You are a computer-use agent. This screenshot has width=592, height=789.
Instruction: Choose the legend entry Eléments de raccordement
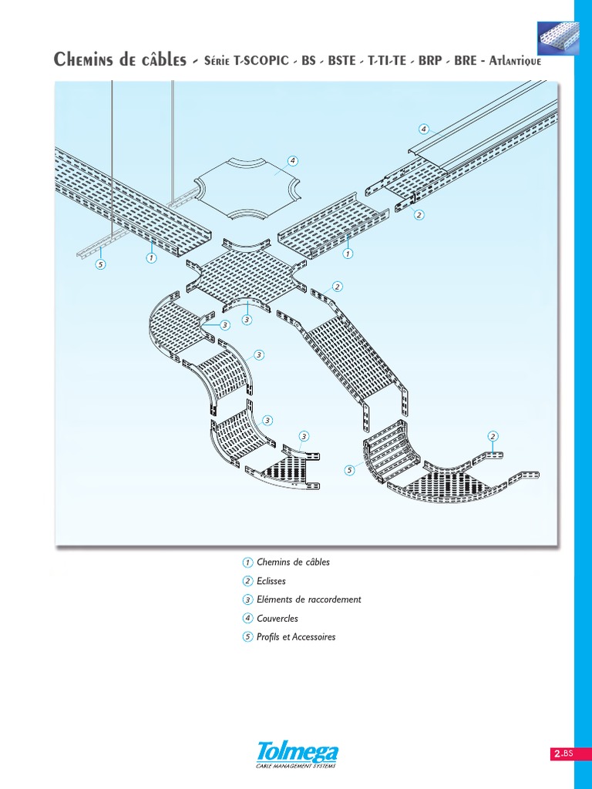308,599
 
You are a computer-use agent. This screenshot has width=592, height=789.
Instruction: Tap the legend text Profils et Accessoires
296,637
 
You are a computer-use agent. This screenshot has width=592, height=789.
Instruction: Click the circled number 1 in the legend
247,562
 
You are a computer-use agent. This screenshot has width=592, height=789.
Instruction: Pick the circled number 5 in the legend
247,637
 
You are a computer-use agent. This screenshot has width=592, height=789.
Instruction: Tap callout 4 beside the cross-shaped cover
292,161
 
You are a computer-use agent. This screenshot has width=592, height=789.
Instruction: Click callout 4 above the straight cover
423,128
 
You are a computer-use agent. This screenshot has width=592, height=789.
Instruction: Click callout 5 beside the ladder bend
348,470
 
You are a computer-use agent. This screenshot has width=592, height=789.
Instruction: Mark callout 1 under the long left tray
152,259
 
